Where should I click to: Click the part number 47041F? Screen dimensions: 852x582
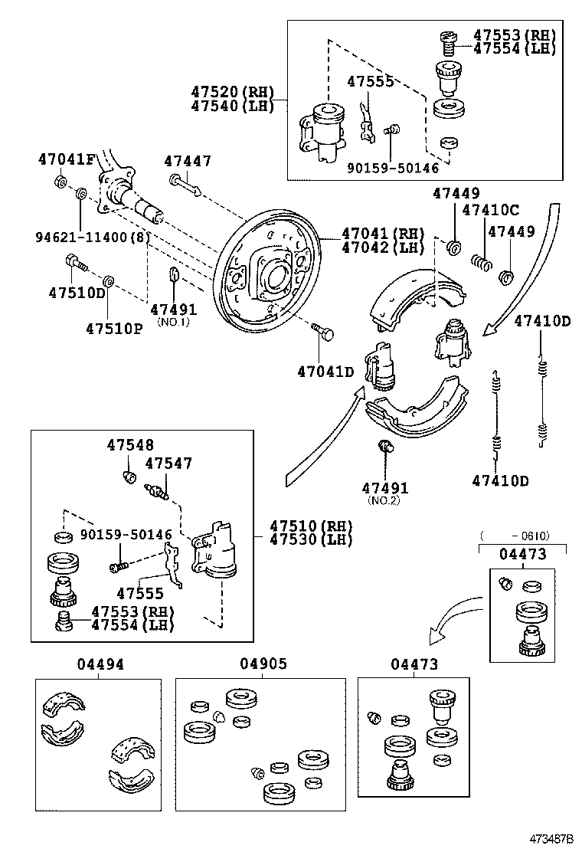pyautogui.click(x=66, y=159)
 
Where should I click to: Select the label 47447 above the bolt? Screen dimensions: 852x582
pyautogui.click(x=187, y=161)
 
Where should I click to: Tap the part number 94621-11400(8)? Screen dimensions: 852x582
pyautogui.click(x=91, y=237)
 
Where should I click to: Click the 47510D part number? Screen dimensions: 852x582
pyautogui.click(x=77, y=292)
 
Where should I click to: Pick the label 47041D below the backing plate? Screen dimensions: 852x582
pyautogui.click(x=326, y=372)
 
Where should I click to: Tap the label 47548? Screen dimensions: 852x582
pyautogui.click(x=130, y=445)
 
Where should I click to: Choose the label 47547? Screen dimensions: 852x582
pyautogui.click(x=168, y=463)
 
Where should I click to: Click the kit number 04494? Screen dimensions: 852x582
pyautogui.click(x=100, y=664)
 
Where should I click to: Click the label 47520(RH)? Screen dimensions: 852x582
pyautogui.click(x=232, y=92)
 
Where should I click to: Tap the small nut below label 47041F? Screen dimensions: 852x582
pyautogui.click(x=60, y=182)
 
